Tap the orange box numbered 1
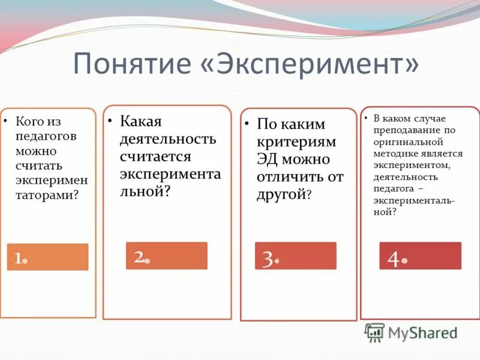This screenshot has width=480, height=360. coord(47,257)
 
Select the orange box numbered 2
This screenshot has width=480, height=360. coord(166,256)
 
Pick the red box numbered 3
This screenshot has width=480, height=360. coord(295,256)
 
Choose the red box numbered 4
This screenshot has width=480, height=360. coord(420,256)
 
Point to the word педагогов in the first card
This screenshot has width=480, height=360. coord(40,136)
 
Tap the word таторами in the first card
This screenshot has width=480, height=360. coord(44,194)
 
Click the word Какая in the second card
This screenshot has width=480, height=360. coord(141,121)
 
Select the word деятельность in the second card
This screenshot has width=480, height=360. coord(167,139)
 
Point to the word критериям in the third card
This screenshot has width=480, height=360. coord(296,142)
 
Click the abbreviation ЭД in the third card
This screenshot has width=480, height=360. coord(269,160)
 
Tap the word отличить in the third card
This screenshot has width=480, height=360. coord(288,177)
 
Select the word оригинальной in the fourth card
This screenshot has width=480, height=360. coord(407,142)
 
